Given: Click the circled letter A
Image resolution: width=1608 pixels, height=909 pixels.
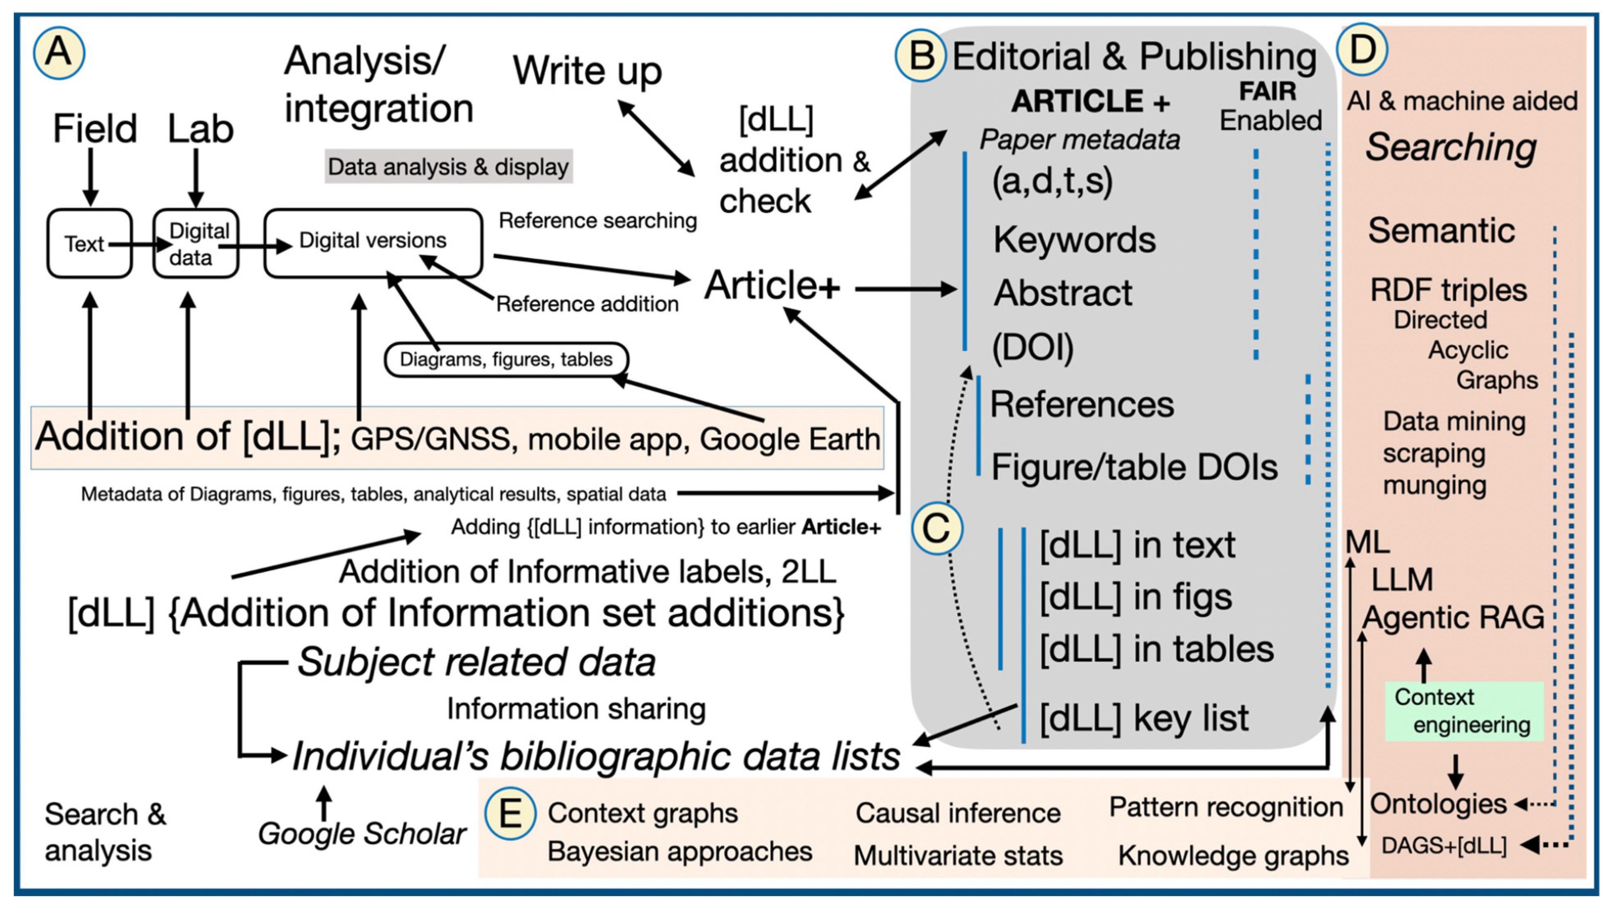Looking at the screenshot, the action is click(59, 53).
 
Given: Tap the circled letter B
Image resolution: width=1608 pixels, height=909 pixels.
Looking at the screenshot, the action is click(920, 55).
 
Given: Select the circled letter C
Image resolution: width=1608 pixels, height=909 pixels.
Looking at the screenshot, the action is click(937, 529).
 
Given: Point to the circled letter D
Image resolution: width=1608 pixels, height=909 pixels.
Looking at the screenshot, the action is click(1362, 49).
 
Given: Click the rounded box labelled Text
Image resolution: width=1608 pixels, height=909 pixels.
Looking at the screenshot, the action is click(90, 243).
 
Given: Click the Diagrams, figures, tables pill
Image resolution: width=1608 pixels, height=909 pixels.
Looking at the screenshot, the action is click(506, 359).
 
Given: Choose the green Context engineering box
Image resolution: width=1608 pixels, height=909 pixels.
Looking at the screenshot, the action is click(1464, 711).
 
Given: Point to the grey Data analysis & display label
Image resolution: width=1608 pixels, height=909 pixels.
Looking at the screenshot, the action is click(448, 166).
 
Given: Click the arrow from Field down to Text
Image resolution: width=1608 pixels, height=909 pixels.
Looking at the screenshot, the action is click(91, 178).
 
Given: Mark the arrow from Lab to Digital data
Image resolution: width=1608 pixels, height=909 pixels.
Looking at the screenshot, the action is click(196, 179).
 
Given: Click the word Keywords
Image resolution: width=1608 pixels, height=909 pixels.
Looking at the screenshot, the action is click(1074, 239).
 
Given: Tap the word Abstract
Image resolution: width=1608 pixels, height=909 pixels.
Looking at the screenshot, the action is click(1063, 292).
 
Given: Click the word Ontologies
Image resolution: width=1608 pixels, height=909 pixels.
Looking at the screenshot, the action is click(1438, 804).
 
